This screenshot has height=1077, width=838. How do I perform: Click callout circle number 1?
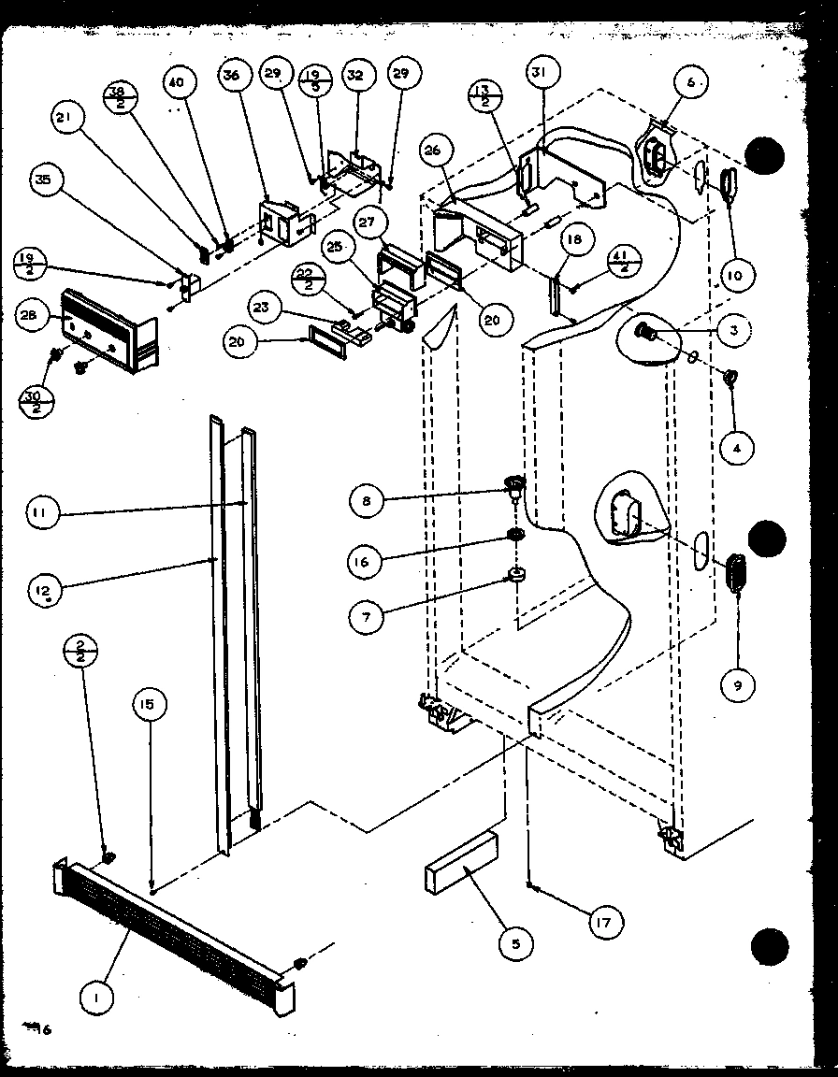[x=97, y=998]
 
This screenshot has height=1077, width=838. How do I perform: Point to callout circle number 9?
[x=738, y=685]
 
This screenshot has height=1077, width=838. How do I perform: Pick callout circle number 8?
[x=366, y=502]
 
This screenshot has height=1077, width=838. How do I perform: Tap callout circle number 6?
[x=690, y=82]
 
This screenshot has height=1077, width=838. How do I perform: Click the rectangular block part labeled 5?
[x=463, y=863]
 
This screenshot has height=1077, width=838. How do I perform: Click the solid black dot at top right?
[x=766, y=156]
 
